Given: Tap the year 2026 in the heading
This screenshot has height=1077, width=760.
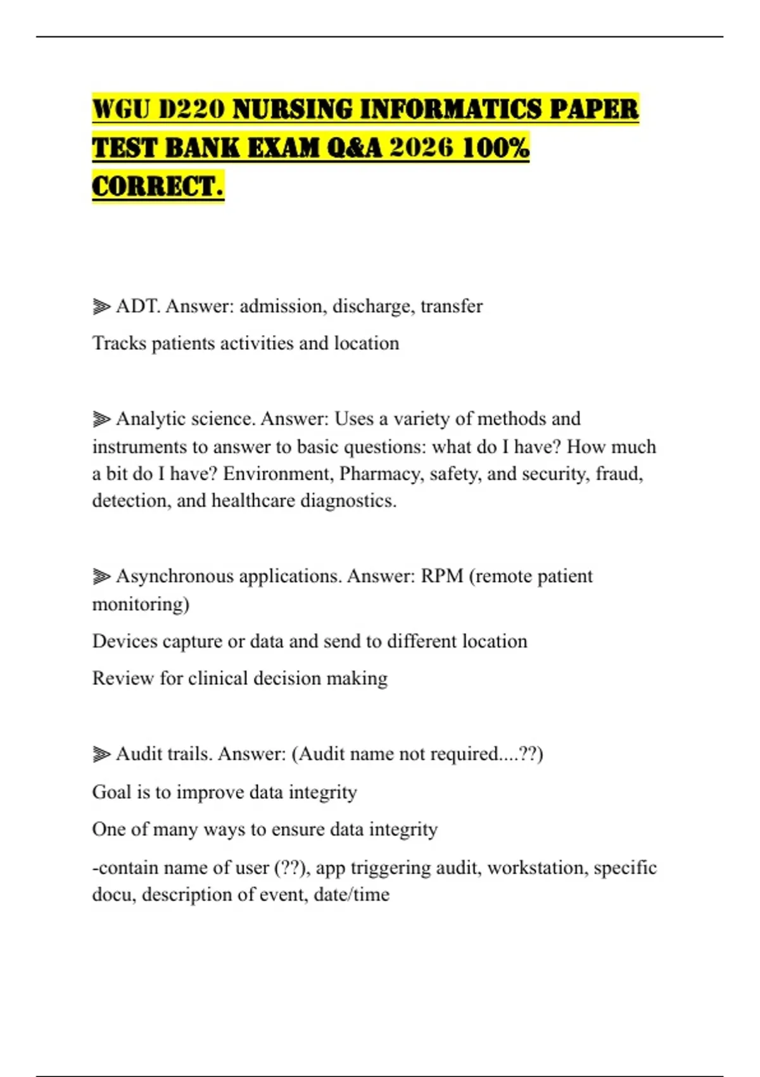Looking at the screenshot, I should pos(422,148).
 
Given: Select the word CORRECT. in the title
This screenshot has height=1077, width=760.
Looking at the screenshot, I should pos(158,186).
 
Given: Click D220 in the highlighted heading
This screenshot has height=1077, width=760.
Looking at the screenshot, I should pos(191,109).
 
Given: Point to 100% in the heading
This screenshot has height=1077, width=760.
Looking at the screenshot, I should pos(496,148).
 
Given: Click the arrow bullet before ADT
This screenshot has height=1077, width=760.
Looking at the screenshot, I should pos(101,307).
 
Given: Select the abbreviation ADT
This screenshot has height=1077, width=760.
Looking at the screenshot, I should pos(137,307).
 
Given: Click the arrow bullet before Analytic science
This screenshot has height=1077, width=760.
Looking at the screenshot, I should pos(101,419).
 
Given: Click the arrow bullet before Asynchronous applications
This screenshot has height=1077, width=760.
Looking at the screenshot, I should pos(101,577).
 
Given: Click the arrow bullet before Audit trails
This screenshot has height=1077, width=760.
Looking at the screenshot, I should pos(101,755).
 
